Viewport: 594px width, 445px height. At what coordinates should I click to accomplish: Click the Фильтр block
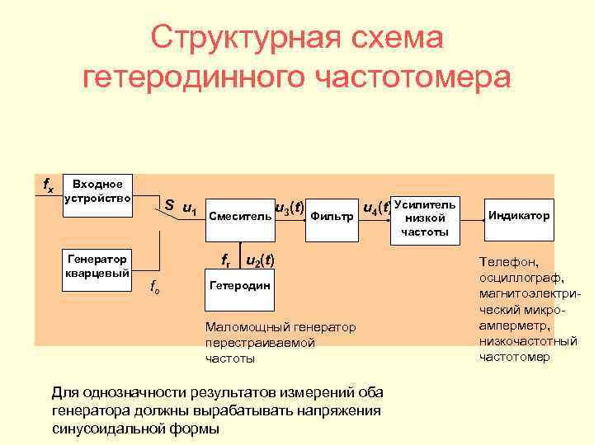(x=332, y=218)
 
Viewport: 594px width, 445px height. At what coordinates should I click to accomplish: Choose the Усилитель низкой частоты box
(x=425, y=218)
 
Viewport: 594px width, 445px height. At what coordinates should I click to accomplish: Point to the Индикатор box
(x=518, y=216)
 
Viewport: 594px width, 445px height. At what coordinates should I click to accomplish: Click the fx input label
(x=48, y=187)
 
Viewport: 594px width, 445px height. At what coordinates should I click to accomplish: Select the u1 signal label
(x=189, y=207)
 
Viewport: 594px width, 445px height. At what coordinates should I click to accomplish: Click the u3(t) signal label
(x=290, y=207)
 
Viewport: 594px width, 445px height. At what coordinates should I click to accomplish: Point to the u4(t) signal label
(x=378, y=207)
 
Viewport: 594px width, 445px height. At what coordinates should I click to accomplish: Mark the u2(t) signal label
(x=260, y=260)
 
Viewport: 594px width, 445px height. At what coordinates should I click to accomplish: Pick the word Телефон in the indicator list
(x=506, y=263)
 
